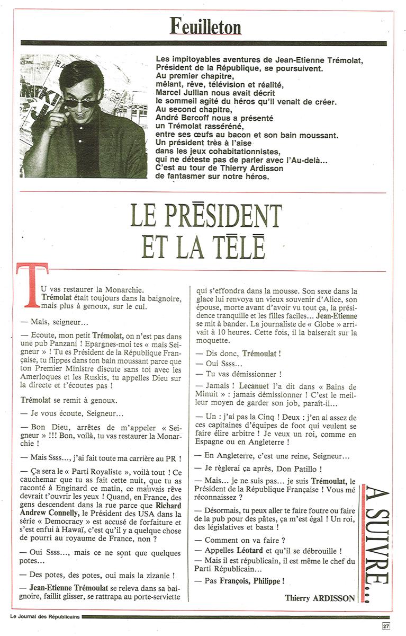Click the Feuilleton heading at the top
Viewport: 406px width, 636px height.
point(205,25)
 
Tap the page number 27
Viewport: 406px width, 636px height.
point(386,625)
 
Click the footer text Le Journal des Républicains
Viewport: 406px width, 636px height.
point(44,616)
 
